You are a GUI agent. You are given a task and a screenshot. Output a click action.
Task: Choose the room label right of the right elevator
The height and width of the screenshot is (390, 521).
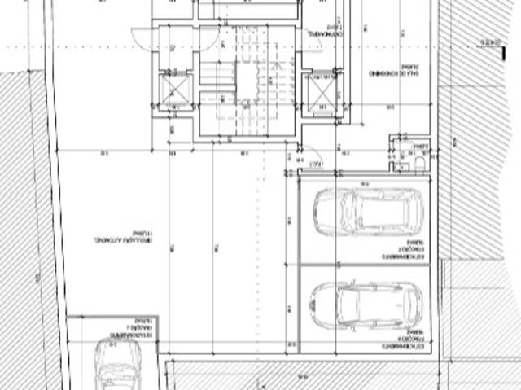tap(396, 72)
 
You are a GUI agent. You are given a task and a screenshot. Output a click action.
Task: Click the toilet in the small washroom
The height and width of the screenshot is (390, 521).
tap(419, 164)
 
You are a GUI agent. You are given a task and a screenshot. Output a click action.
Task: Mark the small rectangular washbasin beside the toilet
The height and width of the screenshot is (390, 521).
tap(401, 166)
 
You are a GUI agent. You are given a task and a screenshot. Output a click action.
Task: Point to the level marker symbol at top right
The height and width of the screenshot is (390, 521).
tap(488, 42)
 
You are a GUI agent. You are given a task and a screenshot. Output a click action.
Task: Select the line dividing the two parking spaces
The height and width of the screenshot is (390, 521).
tap(364, 264)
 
